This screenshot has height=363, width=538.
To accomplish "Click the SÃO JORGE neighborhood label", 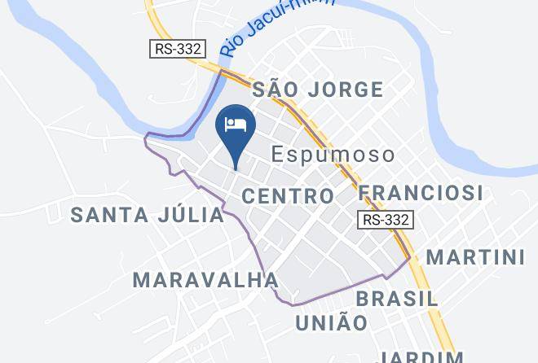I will (318, 90).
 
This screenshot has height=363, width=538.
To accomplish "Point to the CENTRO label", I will (289, 196).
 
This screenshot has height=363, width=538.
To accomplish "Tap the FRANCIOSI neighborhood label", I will (421, 193).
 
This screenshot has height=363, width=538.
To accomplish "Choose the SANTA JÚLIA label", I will (148, 215).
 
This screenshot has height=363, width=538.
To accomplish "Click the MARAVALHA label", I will (205, 281).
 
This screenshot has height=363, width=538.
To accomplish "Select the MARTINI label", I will (476, 257).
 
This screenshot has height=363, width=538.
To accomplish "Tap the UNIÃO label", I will (331, 323).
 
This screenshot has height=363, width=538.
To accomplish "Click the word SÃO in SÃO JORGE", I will (271, 90).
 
